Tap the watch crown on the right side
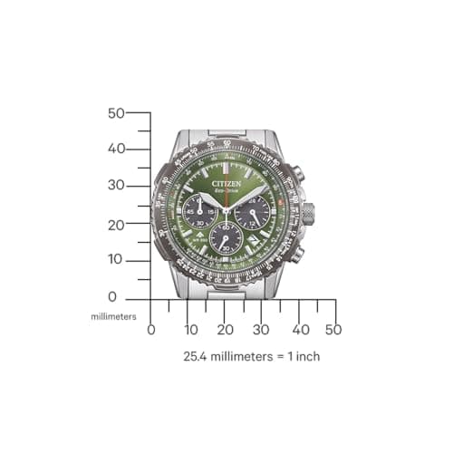pyautogui.click(x=308, y=215)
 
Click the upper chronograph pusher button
pyautogui.click(x=297, y=174)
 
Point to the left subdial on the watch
pyautogui.click(x=199, y=214)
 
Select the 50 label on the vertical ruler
pyautogui.click(x=115, y=113)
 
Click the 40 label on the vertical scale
pyautogui.click(x=115, y=149)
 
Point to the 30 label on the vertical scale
pyautogui.click(x=115, y=185)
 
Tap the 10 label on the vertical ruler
pyautogui.click(x=115, y=259)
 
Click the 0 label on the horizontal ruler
pyautogui.click(x=151, y=330)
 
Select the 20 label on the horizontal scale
pyautogui.click(x=225, y=330)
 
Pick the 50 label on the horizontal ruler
pyautogui.click(x=333, y=330)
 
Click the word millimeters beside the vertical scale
pyautogui.click(x=113, y=316)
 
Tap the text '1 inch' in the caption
pyautogui.click(x=301, y=356)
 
